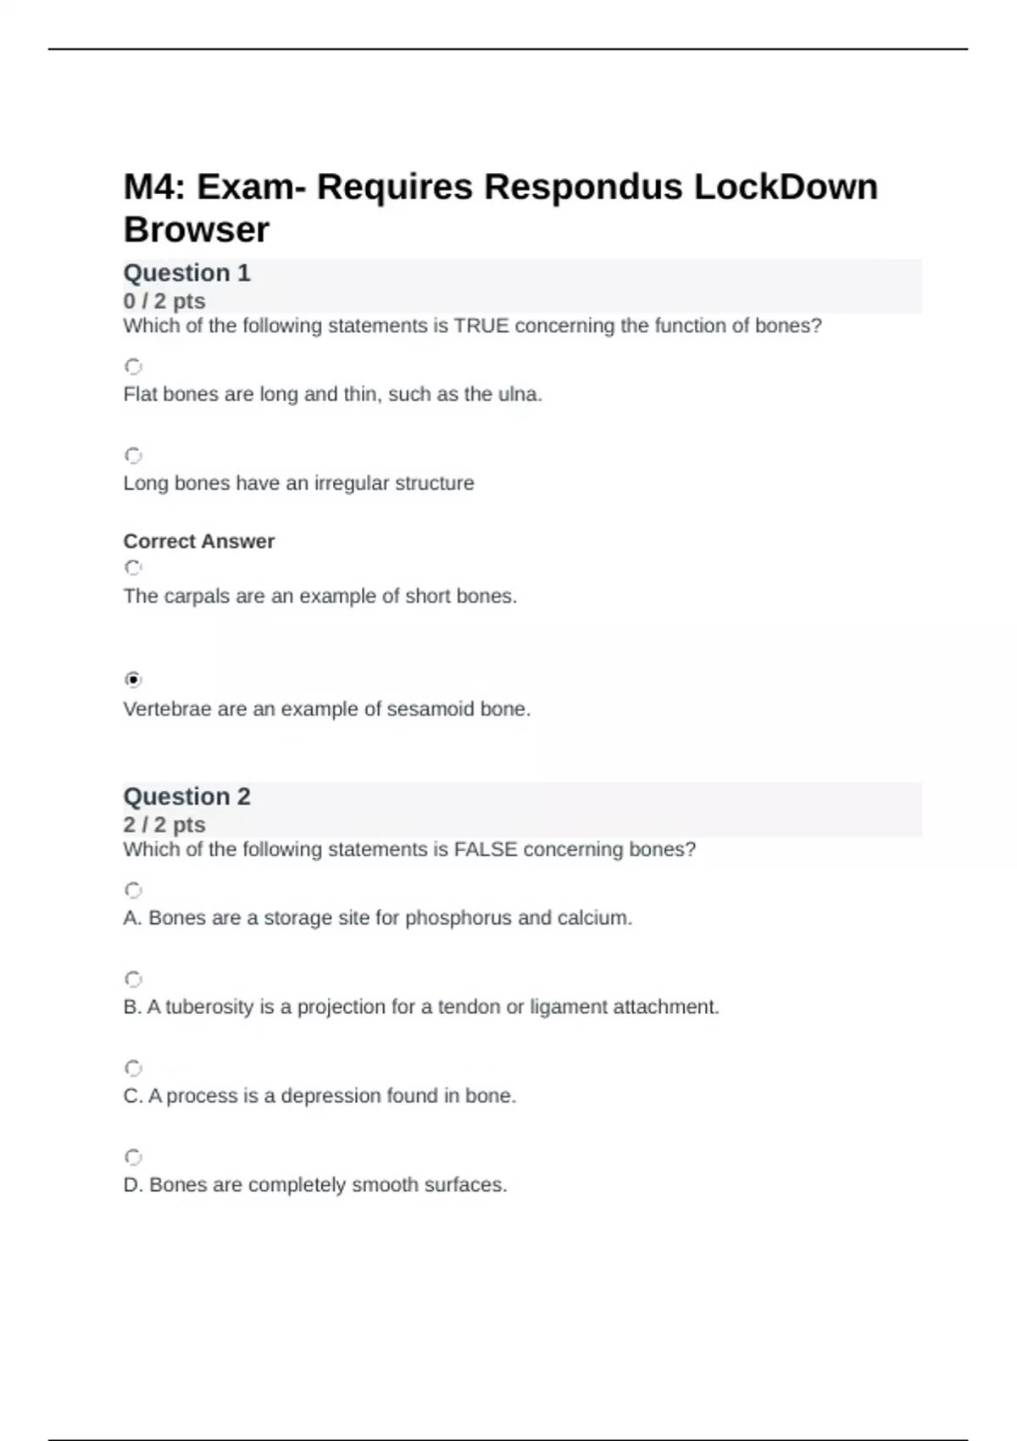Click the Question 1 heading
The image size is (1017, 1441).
coord(186,273)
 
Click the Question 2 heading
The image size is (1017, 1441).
coord(186,797)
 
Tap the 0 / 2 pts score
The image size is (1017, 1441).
coord(164,301)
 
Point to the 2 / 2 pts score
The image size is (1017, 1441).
coord(164,825)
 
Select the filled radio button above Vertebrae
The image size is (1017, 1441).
coord(133,679)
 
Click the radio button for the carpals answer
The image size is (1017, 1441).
coord(133,567)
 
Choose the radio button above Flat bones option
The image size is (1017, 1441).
coord(133,366)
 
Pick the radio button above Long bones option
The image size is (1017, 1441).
coord(133,455)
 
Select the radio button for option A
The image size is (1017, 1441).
coord(133,890)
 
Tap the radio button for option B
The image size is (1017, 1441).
coord(133,979)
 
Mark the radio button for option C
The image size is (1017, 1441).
coord(133,1068)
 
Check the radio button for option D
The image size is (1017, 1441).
coord(133,1157)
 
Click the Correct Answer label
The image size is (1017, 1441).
coord(199,541)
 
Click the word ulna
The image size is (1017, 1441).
coord(519,394)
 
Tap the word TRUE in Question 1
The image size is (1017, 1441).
coord(481,325)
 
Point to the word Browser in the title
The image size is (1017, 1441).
coord(197,230)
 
